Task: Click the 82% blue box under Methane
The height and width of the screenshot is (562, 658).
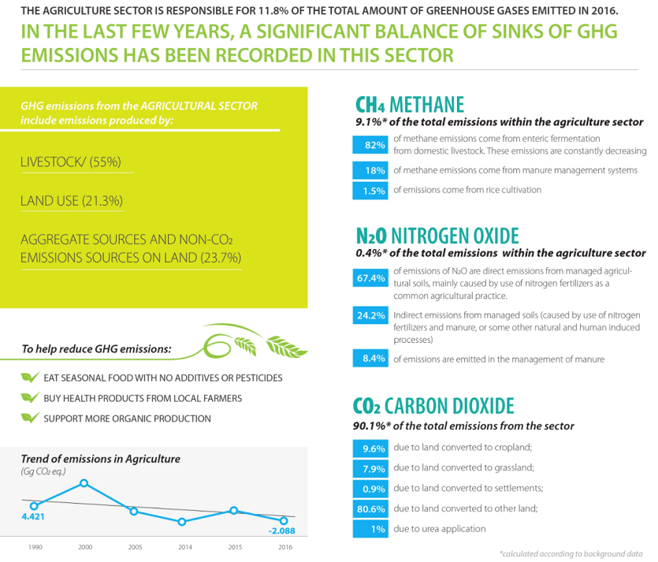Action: click(x=370, y=145)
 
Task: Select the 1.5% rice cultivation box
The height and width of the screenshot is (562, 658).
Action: click(x=370, y=191)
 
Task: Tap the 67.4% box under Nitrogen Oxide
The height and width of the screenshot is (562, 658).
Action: click(x=370, y=278)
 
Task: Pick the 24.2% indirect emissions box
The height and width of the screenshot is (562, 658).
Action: click(x=370, y=315)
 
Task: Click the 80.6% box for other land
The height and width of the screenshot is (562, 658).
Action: click(x=370, y=508)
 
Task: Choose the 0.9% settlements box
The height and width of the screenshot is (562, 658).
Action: click(x=370, y=489)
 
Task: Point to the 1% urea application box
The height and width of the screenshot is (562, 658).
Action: click(x=370, y=529)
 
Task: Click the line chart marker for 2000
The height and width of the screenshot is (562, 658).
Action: click(x=84, y=483)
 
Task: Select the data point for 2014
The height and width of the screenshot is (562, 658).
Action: click(x=182, y=522)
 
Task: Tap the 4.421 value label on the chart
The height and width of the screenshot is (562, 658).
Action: click(x=33, y=516)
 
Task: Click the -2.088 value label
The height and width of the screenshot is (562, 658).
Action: click(x=281, y=531)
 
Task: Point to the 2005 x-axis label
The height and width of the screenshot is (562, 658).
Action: click(x=135, y=547)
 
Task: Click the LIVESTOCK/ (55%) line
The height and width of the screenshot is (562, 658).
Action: click(x=71, y=162)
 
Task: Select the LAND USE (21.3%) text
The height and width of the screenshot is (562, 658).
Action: click(x=72, y=201)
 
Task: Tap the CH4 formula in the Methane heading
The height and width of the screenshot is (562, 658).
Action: click(x=370, y=105)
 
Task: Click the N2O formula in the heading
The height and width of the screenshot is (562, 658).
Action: click(x=371, y=236)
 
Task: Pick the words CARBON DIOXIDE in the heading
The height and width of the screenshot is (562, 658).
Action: click(x=449, y=406)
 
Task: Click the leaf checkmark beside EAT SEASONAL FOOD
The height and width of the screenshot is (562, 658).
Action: click(x=30, y=377)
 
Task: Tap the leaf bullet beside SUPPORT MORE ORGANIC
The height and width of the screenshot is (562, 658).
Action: click(x=30, y=418)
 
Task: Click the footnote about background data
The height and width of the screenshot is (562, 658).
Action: click(x=571, y=554)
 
